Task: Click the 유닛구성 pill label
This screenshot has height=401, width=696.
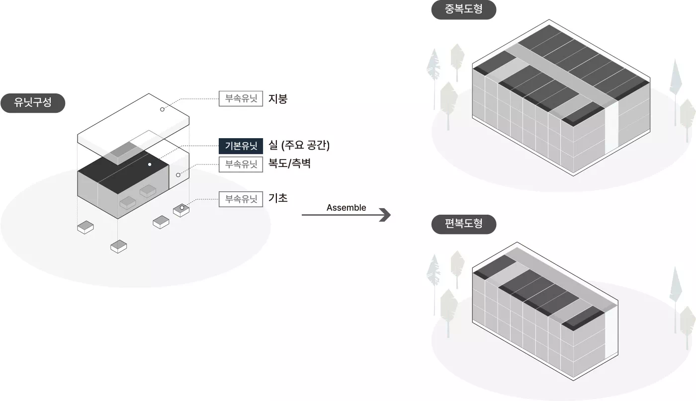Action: pyautogui.click(x=33, y=103)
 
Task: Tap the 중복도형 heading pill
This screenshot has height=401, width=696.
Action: pyautogui.click(x=463, y=9)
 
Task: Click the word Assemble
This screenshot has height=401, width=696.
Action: pyautogui.click(x=346, y=208)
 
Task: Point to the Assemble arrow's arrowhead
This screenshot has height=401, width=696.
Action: pyautogui.click(x=385, y=215)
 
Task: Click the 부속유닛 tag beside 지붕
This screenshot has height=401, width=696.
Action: pyautogui.click(x=241, y=99)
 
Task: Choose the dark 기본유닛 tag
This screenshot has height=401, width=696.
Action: pyautogui.click(x=241, y=146)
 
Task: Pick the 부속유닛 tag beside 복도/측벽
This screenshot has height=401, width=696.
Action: pyautogui.click(x=241, y=164)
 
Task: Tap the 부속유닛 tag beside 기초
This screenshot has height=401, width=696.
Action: pyautogui.click(x=241, y=199)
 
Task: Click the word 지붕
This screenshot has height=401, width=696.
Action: pyautogui.click(x=278, y=99)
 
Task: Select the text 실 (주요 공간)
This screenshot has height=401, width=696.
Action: pyautogui.click(x=299, y=146)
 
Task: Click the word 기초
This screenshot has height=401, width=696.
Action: pyautogui.click(x=278, y=199)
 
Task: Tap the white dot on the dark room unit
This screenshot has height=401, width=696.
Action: pyautogui.click(x=149, y=164)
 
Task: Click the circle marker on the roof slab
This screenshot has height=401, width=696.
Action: pyautogui.click(x=162, y=109)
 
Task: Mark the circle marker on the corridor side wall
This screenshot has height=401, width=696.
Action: pyautogui.click(x=178, y=175)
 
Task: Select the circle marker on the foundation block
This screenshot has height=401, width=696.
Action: pyautogui.click(x=182, y=207)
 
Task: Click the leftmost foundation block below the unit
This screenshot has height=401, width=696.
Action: pyautogui.click(x=86, y=227)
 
